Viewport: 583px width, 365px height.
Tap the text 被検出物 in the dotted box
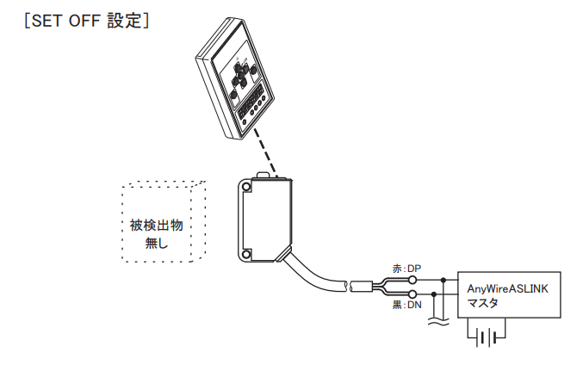coord(156,226)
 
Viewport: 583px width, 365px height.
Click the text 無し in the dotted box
coord(156,243)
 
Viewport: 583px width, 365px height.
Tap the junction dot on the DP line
coord(443,280)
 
